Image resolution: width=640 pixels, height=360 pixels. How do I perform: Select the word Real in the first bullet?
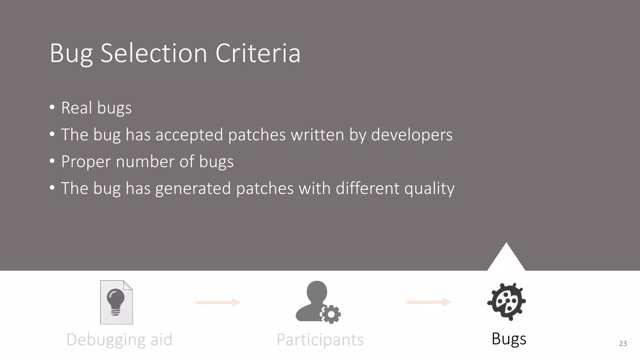point(77,108)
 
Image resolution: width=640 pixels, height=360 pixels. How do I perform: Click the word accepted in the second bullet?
point(189,135)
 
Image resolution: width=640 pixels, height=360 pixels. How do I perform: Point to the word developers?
point(412,135)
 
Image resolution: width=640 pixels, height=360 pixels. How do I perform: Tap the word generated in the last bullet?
point(193,188)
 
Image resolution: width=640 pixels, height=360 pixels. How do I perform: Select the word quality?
point(429,188)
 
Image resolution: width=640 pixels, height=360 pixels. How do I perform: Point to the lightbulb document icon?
point(117,302)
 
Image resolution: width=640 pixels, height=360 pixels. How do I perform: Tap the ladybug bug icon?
point(507,302)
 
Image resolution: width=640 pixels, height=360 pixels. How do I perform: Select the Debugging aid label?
point(119,340)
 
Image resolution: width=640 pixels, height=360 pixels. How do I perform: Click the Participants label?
point(320,340)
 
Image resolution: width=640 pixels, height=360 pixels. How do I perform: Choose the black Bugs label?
point(509,339)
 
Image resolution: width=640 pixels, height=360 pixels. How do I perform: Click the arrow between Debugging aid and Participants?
point(218,302)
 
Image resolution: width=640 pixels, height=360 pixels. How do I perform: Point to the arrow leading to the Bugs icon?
point(429,302)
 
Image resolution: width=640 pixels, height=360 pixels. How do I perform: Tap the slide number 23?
point(623,344)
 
